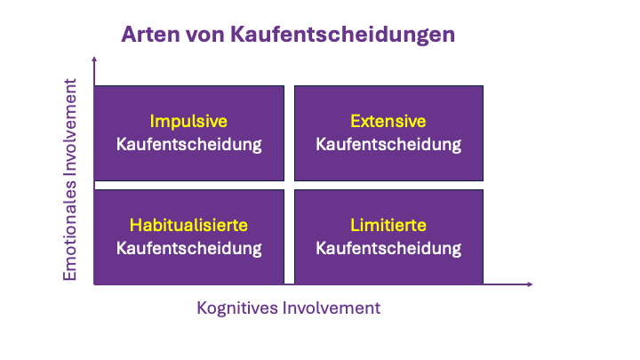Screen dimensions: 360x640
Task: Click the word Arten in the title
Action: coord(148,35)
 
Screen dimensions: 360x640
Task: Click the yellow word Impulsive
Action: coord(188,121)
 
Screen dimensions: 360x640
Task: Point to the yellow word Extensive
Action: coord(388,121)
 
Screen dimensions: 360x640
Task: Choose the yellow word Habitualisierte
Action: coord(188,225)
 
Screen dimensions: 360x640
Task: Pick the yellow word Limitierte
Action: coord(388,225)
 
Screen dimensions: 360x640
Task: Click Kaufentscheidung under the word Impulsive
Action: coord(188,144)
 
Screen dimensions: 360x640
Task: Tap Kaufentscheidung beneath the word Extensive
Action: coord(388,144)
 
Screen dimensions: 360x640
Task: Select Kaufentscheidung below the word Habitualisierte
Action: coord(188,248)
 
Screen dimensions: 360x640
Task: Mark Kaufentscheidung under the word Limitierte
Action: coord(388,248)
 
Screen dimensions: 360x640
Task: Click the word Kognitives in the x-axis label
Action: coord(236,308)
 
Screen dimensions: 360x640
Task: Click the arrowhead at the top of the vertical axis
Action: coord(93,59)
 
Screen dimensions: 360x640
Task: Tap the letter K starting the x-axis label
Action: coord(202,308)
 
